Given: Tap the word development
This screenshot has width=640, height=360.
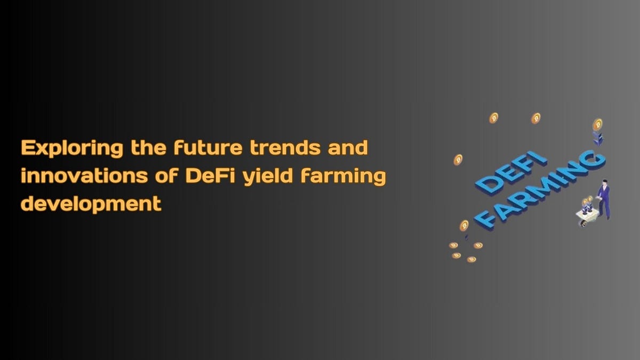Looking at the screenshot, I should (x=91, y=204).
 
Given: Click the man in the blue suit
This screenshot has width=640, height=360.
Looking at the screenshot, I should (x=604, y=200).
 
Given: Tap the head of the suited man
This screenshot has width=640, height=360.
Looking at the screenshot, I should (x=605, y=183).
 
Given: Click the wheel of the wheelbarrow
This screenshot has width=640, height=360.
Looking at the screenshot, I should (x=584, y=223).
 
